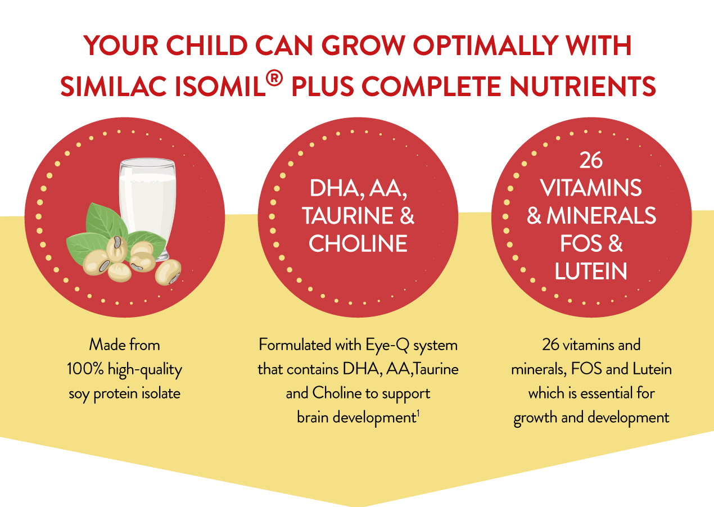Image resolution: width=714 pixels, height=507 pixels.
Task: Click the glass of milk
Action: coord(147,208)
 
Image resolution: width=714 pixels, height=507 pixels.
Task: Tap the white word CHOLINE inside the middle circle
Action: coord(358,243)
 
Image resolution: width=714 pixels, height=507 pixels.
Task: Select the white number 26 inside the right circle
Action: coord(591,161)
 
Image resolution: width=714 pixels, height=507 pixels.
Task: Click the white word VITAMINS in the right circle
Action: coord(591,188)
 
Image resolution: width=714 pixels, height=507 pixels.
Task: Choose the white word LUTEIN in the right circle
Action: coord(591,271)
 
